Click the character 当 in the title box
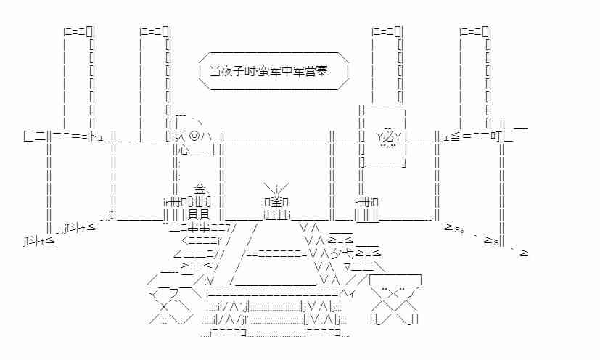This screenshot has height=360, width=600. tap(215, 71)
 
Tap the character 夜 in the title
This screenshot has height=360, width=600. tap(228, 71)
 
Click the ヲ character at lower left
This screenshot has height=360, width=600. tap(166, 294)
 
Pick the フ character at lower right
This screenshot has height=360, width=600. tap(411, 293)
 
